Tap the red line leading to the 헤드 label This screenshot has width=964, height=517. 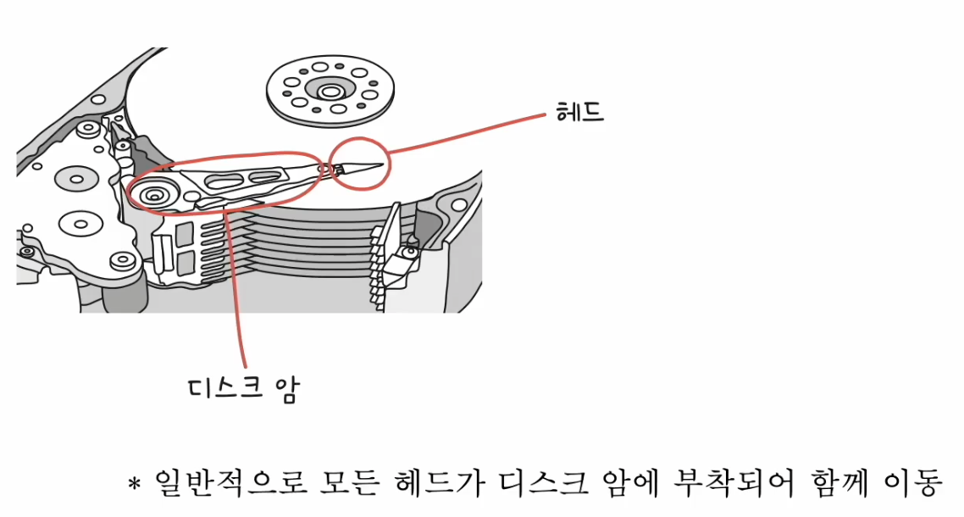[466, 135]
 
